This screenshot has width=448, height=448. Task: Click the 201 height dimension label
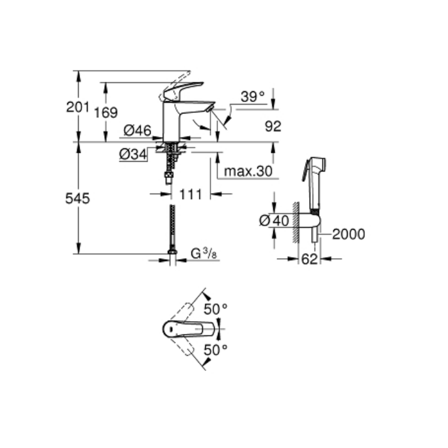78,107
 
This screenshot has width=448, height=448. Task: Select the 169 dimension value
106,112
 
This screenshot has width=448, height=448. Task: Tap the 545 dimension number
78,198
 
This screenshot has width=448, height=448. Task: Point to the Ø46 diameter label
138,131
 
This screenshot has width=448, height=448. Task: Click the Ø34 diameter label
133,155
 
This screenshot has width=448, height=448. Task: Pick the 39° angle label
253,97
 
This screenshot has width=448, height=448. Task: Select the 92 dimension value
273,126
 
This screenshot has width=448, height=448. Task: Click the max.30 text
248,171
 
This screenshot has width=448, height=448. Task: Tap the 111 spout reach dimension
190,194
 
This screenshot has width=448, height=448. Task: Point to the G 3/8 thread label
204,254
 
